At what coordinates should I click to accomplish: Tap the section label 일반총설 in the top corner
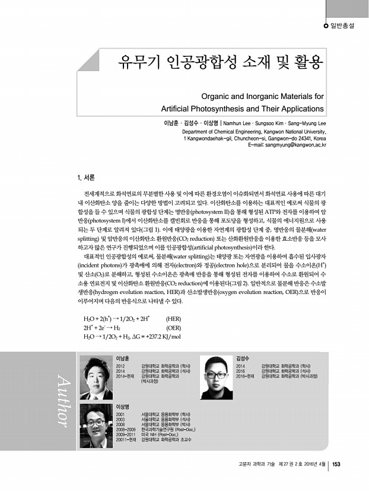click(x=346, y=26)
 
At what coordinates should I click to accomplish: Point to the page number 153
click(x=336, y=464)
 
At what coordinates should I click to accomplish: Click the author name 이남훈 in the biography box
click(x=123, y=358)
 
